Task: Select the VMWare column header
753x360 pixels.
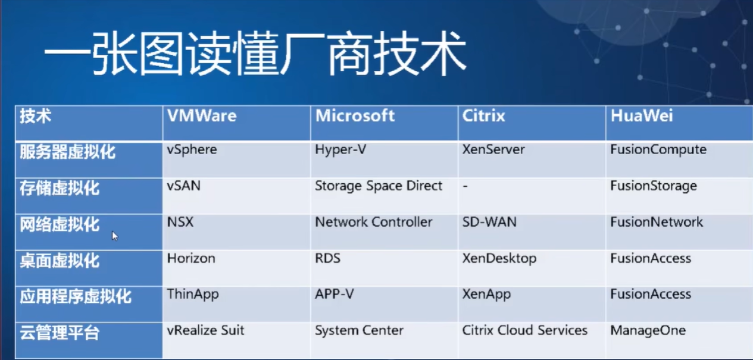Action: coord(202,115)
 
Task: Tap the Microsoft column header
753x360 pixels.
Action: coord(355,115)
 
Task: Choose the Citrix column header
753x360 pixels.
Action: coord(483,115)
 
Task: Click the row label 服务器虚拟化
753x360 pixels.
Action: coord(67,152)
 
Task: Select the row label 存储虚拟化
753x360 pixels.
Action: coord(60,189)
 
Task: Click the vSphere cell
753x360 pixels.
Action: coord(192,150)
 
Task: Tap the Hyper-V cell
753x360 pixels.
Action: coord(341,150)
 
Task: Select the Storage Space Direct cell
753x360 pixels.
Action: coord(379,186)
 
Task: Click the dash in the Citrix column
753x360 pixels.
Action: coord(465,186)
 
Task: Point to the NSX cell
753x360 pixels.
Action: coord(180,223)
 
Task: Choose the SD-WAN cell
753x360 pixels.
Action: coord(489,223)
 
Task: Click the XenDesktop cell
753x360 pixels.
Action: coord(499,258)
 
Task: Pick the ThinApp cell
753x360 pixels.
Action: coord(193,295)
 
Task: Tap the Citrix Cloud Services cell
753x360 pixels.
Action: coord(524,330)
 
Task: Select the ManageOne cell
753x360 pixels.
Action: coord(648,330)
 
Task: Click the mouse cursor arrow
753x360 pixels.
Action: coord(115,236)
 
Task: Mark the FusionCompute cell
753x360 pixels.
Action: coord(658,150)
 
